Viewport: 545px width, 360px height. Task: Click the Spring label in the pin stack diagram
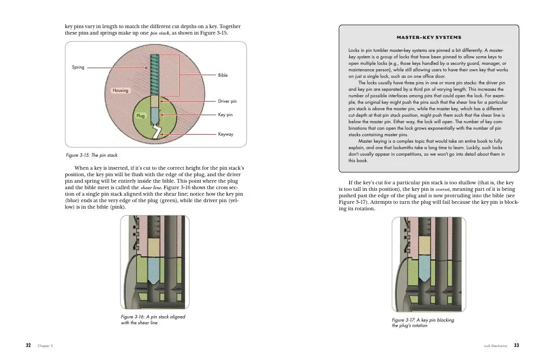pos(78,68)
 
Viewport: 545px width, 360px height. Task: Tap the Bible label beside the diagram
pos(223,75)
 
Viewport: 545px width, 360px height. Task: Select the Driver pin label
pos(227,101)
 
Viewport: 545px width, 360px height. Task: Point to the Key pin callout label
pos(225,115)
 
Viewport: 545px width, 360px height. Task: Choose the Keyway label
pos(225,134)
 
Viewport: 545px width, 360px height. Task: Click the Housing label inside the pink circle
pos(121,90)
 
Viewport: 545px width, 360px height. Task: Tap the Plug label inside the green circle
pos(140,116)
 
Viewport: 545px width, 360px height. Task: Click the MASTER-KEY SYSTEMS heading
pos(429,38)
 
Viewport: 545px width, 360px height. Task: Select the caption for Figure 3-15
pos(91,156)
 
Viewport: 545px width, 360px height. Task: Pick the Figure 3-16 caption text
pos(153,319)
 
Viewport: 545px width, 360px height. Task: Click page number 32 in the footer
pos(28,345)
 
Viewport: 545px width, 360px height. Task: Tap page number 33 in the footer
pos(516,345)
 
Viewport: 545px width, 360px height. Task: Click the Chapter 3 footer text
pos(45,345)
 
